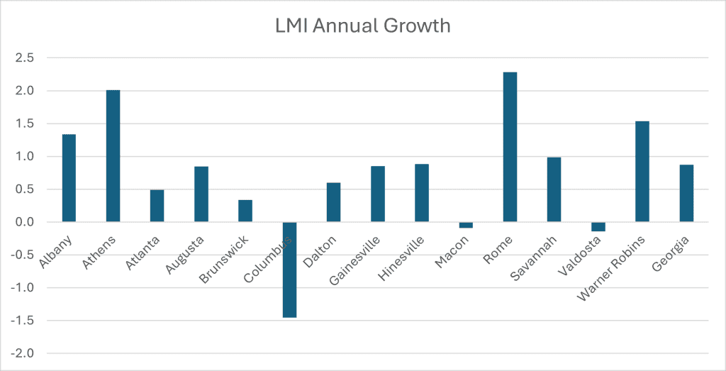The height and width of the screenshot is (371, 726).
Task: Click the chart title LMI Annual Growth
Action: (362, 26)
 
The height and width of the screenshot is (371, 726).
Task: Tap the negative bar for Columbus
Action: (289, 270)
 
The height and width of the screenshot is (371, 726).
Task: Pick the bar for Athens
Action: (113, 156)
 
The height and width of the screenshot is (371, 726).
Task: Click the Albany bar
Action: (69, 178)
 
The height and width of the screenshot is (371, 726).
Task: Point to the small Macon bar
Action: (466, 225)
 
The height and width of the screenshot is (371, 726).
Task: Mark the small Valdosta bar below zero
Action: (598, 227)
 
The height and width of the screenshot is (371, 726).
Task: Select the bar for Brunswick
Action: (245, 211)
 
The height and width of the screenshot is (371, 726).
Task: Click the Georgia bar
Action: (686, 193)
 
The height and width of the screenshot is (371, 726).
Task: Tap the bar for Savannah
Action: (554, 189)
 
